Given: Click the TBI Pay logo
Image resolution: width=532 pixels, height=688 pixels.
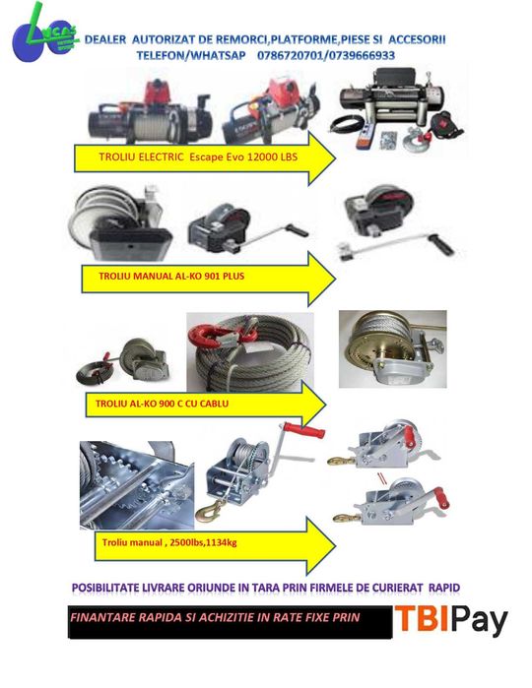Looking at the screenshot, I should [x=452, y=620].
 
